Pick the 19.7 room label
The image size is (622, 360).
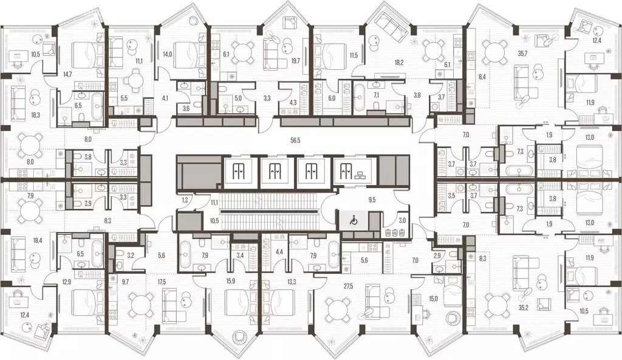pos(297,60)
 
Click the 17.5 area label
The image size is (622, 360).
pos(160,282)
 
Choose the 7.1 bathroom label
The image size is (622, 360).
pos(376,95)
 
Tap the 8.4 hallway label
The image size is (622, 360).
pos(482,76)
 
